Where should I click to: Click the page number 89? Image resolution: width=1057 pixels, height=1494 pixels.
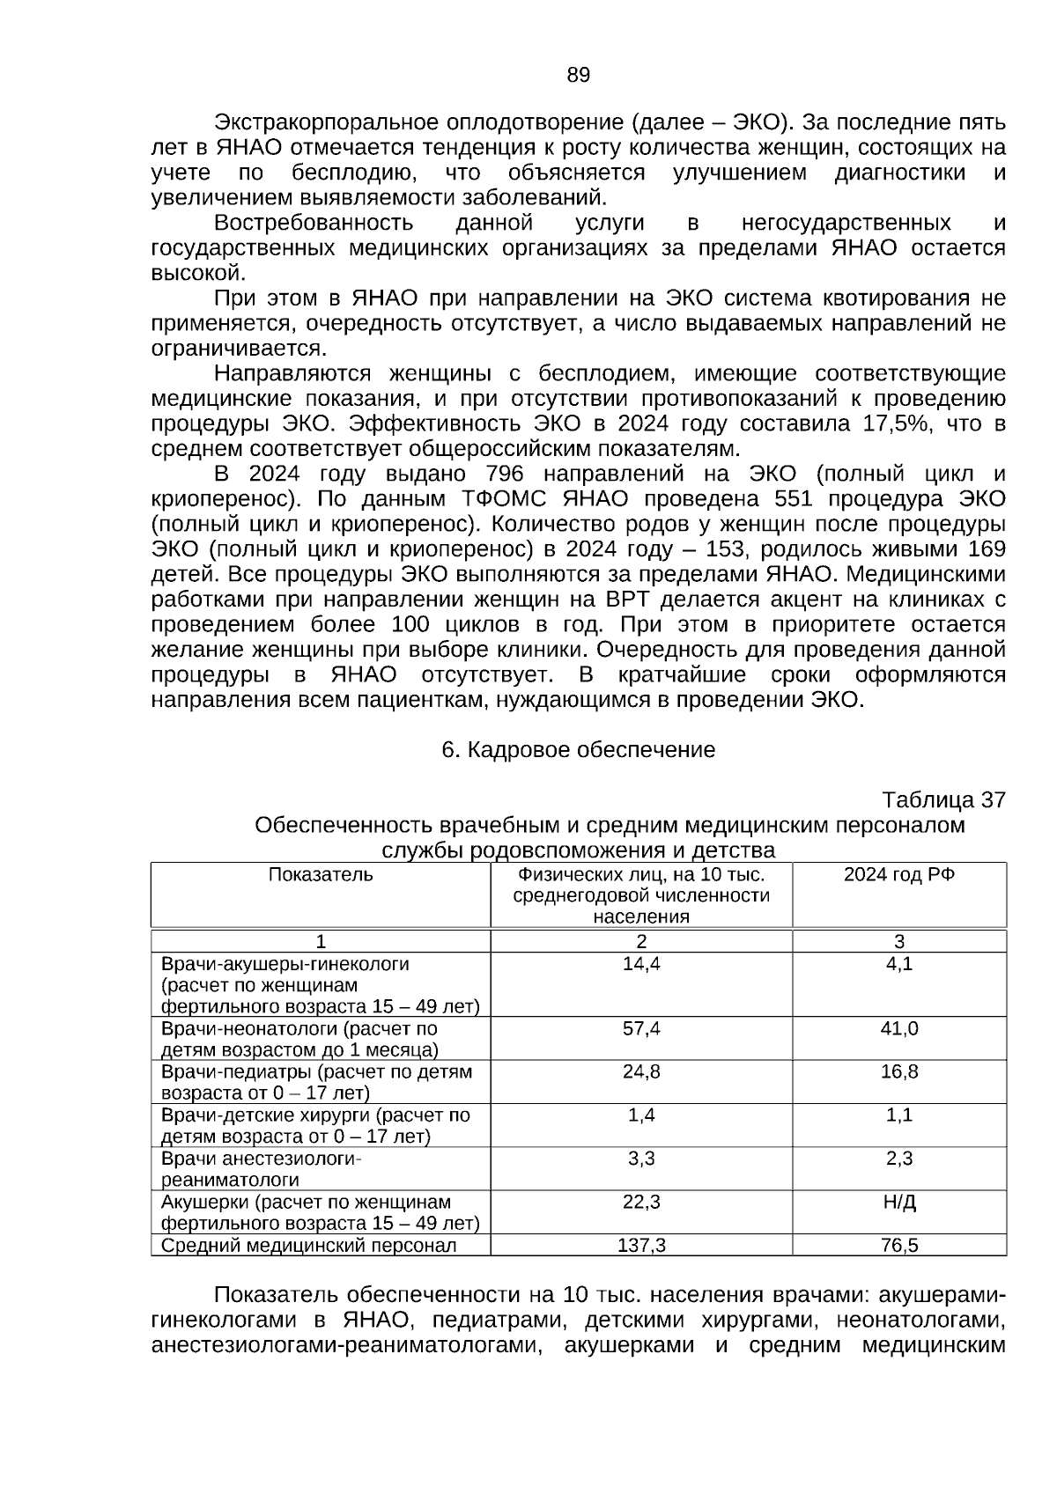[578, 76]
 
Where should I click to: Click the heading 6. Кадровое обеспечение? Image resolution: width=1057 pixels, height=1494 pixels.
[578, 750]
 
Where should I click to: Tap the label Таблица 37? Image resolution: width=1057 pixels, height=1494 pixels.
[943, 800]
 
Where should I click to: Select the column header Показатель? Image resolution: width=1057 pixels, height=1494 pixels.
[321, 875]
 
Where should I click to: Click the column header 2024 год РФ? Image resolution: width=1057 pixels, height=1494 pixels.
[898, 875]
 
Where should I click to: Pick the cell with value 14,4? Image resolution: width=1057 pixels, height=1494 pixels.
[641, 964]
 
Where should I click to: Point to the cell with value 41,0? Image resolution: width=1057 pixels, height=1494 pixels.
[899, 1029]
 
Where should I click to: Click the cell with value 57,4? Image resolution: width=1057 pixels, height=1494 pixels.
[641, 1029]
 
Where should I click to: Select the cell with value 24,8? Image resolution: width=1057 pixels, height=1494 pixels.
[641, 1072]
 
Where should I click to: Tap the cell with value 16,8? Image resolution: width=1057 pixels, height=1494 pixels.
[899, 1072]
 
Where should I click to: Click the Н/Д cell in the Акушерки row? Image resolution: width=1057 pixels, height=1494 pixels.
[899, 1203]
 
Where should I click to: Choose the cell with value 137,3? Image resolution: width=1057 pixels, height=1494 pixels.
[641, 1246]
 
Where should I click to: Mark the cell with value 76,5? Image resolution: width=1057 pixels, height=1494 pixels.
[899, 1246]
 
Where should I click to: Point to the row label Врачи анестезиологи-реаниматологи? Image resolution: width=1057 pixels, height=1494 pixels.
[262, 1170]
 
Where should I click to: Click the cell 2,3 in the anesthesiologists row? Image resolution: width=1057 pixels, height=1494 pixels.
[899, 1159]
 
